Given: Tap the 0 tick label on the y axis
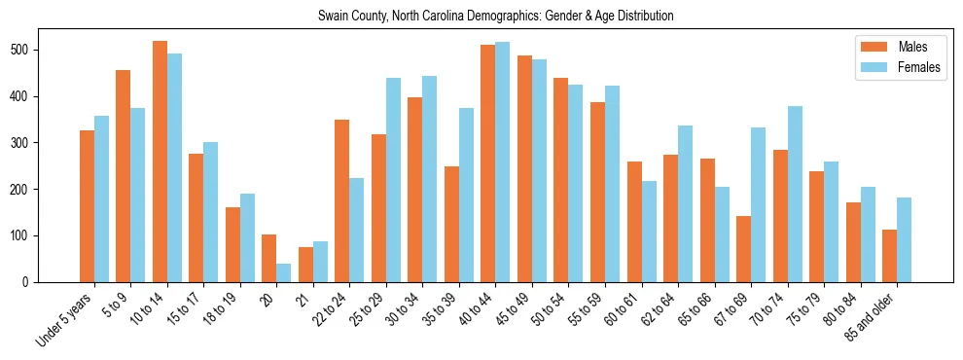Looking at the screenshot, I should pos(26,282).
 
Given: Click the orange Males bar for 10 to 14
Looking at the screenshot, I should pos(160,162).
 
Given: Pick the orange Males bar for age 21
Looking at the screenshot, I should pos(305,265).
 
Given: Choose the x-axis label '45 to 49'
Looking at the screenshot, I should pos(516,308).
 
